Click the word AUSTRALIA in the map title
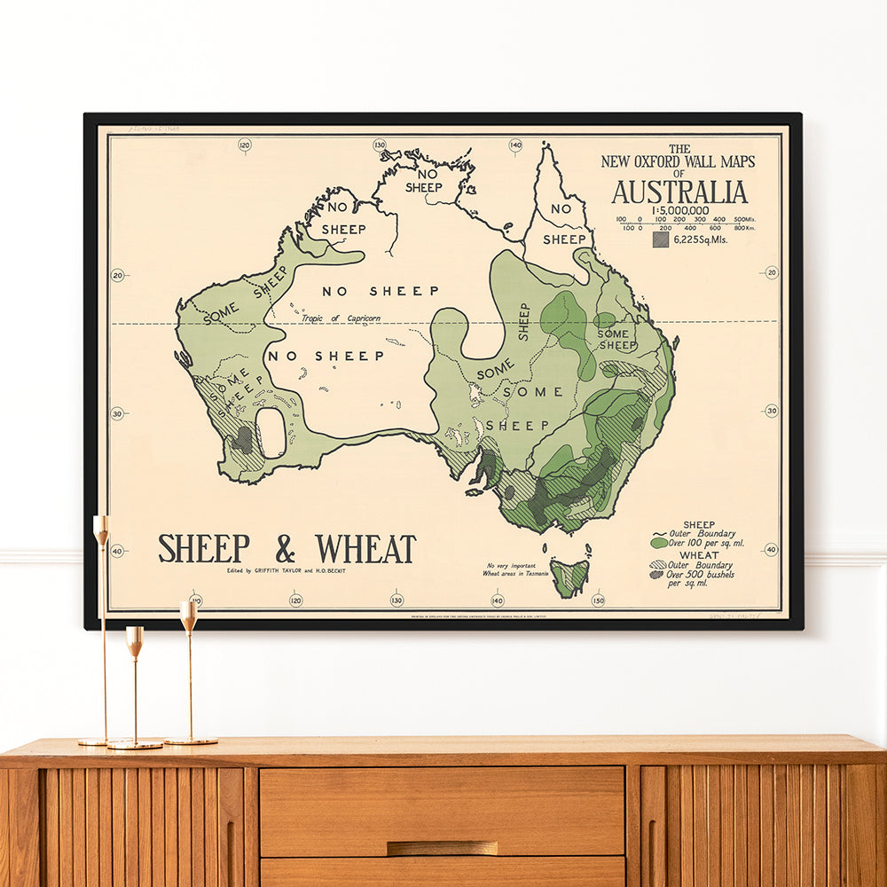pyautogui.click(x=679, y=192)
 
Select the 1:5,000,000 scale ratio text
pyautogui.click(x=679, y=210)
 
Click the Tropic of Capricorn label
pyautogui.click(x=334, y=318)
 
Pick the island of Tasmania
pyautogui.click(x=569, y=577)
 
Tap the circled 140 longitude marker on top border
pyautogui.click(x=515, y=145)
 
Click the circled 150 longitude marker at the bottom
pyautogui.click(x=598, y=600)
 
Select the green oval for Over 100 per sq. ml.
pyautogui.click(x=659, y=542)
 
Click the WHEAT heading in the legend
pyautogui.click(x=700, y=555)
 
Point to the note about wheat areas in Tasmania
pyautogui.click(x=517, y=569)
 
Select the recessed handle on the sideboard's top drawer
pyautogui.click(x=442, y=848)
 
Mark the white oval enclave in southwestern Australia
pyautogui.click(x=271, y=433)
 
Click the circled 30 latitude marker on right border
pyautogui.click(x=770, y=411)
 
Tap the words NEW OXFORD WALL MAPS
pyautogui.click(x=679, y=161)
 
